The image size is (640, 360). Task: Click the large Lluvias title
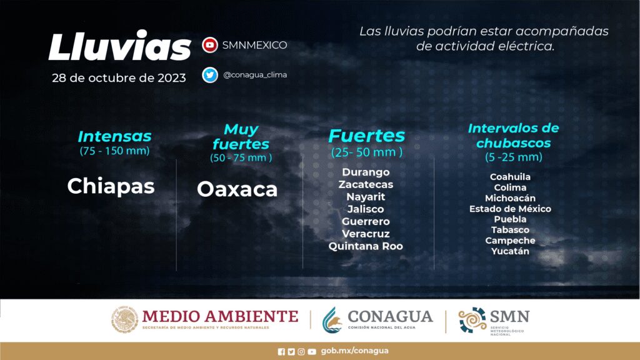coord(119,46)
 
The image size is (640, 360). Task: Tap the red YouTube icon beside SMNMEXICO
coord(210,45)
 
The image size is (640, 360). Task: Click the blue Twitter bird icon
coord(210,75)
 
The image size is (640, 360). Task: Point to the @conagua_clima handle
coord(255,75)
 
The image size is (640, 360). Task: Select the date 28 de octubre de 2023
coord(119,77)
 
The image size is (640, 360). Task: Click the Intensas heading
coord(115,136)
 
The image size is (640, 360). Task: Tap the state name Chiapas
coord(111,186)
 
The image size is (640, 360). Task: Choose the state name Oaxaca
coord(237,189)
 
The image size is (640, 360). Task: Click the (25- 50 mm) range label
coord(366,152)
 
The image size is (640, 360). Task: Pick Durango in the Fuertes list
coord(366,172)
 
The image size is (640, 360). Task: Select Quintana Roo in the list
coord(366,246)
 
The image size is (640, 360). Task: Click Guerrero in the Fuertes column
coord(366,221)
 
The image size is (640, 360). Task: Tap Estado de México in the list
coord(510,209)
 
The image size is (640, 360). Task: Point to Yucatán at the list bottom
coord(510,251)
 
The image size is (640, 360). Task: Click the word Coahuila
coord(510,177)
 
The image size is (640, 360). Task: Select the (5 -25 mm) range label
coord(514,157)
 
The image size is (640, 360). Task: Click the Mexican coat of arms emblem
coord(124,319)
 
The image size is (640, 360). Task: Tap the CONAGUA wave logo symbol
coord(332,320)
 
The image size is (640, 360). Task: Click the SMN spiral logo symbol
coord(472,320)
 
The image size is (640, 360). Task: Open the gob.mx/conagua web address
coord(355,351)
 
